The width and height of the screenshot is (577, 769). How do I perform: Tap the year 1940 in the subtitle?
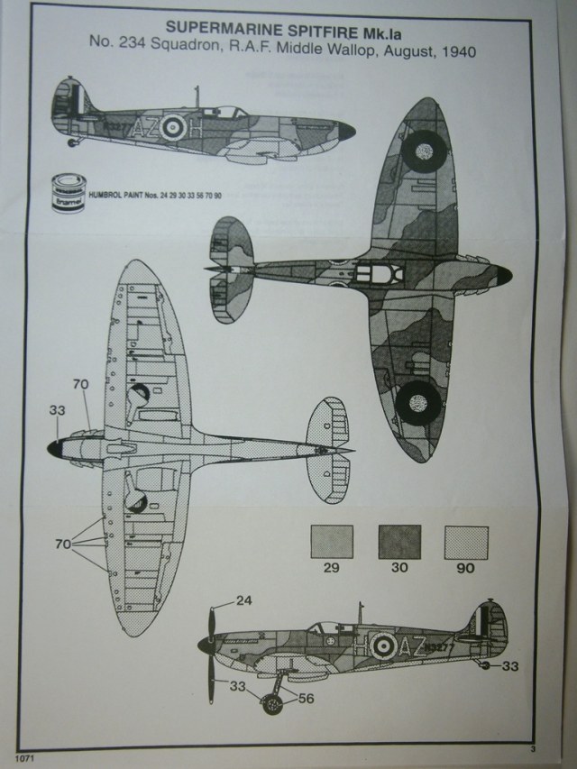click(x=452, y=52)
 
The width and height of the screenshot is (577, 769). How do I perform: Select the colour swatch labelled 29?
click(x=330, y=543)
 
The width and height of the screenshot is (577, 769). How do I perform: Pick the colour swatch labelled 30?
click(x=399, y=543)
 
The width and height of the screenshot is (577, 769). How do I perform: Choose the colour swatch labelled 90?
click(x=466, y=543)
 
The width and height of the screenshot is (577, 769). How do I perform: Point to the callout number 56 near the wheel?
click(x=307, y=696)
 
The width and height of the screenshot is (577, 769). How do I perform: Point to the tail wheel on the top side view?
click(x=73, y=142)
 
